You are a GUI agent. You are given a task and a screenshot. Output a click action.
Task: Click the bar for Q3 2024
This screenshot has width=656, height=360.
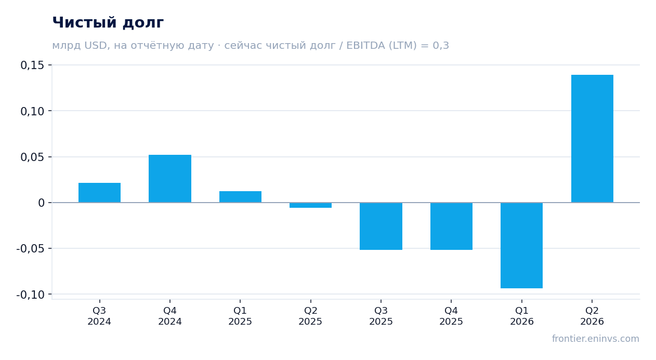(100, 193)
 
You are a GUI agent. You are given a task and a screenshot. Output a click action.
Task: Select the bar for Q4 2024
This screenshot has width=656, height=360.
(170, 179)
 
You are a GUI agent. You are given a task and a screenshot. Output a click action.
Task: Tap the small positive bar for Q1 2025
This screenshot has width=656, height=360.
(241, 197)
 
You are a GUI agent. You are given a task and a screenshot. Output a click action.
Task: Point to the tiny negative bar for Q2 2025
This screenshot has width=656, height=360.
(311, 205)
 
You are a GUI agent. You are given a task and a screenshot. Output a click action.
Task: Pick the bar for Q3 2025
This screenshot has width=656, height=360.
(381, 226)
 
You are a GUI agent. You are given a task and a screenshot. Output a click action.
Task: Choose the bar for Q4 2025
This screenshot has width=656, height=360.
(451, 226)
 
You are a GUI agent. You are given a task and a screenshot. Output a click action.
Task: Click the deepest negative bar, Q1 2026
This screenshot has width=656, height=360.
(521, 245)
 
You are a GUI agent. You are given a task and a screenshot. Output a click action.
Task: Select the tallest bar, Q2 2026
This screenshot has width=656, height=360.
(592, 139)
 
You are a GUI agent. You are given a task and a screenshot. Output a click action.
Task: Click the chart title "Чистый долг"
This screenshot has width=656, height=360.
(108, 23)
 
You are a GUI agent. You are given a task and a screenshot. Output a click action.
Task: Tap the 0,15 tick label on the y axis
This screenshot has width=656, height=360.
(32, 65)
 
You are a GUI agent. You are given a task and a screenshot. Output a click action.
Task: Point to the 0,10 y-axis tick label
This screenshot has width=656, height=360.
(32, 111)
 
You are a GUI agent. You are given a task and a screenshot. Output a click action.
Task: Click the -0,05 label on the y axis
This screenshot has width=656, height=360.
(30, 249)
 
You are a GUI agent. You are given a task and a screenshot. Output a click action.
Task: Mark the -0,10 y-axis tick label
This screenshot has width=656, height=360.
(30, 295)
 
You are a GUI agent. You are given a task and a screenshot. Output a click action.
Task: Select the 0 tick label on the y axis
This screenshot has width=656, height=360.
(41, 203)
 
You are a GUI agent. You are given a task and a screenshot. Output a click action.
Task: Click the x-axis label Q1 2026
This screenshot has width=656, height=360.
(522, 316)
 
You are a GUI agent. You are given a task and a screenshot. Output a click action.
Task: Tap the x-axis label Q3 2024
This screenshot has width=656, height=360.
(99, 316)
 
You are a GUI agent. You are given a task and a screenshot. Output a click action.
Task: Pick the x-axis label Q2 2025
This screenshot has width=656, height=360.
(310, 316)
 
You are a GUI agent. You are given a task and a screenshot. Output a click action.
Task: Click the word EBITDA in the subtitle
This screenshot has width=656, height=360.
(365, 46)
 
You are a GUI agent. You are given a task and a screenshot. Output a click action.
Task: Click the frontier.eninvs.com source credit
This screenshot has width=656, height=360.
(596, 339)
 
